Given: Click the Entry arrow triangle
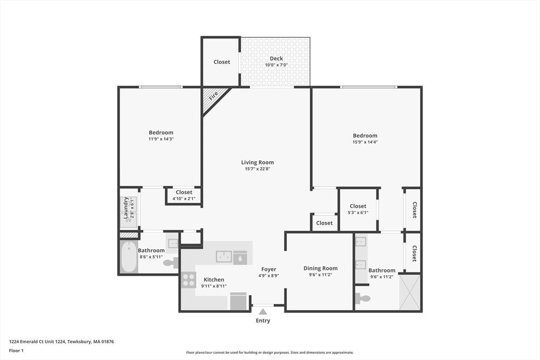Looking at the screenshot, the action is (263, 312).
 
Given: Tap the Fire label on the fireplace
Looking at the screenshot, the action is (214, 95).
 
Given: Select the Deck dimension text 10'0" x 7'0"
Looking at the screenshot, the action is (276, 65).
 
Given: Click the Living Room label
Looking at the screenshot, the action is (257, 162).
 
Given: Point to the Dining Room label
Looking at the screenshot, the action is (321, 268).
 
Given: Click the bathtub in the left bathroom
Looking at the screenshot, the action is (129, 257).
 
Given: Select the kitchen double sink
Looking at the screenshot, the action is (224, 257).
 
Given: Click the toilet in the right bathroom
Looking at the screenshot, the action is (363, 298).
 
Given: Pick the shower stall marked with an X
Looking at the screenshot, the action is (410, 292).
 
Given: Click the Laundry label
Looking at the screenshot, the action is (126, 208).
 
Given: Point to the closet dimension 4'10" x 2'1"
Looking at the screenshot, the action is (184, 199).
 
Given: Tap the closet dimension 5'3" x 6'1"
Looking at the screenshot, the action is (358, 213).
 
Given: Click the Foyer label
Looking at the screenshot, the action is (268, 269).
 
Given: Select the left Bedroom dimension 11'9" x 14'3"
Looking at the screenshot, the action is (161, 139).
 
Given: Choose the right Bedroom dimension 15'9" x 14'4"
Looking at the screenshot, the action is (365, 142).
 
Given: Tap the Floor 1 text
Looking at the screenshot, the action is (16, 351).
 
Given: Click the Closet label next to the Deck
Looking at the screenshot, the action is (222, 62).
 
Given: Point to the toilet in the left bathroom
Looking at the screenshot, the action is (171, 263).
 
